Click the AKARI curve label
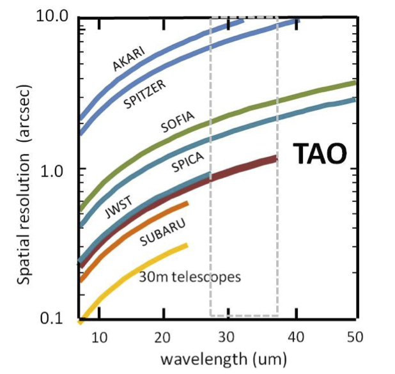(128, 56)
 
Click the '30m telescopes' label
(190, 277)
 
